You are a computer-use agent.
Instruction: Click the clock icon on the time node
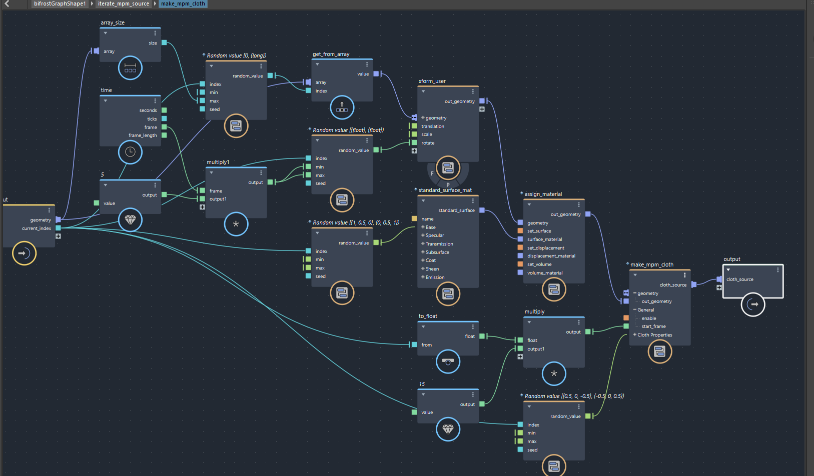(x=130, y=152)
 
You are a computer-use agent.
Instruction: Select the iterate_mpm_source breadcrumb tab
(x=123, y=3)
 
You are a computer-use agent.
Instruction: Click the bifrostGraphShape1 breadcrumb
(x=60, y=3)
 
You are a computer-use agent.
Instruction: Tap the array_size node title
(x=113, y=22)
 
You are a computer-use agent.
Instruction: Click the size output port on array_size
(x=164, y=43)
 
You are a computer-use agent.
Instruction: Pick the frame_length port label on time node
(x=143, y=135)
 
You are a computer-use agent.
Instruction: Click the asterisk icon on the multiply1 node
(x=236, y=224)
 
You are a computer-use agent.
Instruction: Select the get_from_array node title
(x=331, y=54)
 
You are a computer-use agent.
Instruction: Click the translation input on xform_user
(x=433, y=126)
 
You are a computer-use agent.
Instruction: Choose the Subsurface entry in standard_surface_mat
(x=437, y=252)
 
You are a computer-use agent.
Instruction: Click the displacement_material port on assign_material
(x=551, y=256)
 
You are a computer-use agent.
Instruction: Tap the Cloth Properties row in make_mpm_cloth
(x=654, y=335)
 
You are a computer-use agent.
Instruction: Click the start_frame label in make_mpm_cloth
(x=653, y=326)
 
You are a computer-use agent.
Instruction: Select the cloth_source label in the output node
(x=739, y=279)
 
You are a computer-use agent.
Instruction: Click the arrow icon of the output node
(x=753, y=304)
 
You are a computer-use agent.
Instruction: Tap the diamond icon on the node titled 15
(x=448, y=429)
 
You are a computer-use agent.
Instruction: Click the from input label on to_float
(x=426, y=345)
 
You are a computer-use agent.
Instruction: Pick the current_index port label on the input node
(x=37, y=228)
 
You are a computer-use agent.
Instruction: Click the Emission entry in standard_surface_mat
(x=435, y=277)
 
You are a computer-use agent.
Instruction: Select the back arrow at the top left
(x=7, y=3)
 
